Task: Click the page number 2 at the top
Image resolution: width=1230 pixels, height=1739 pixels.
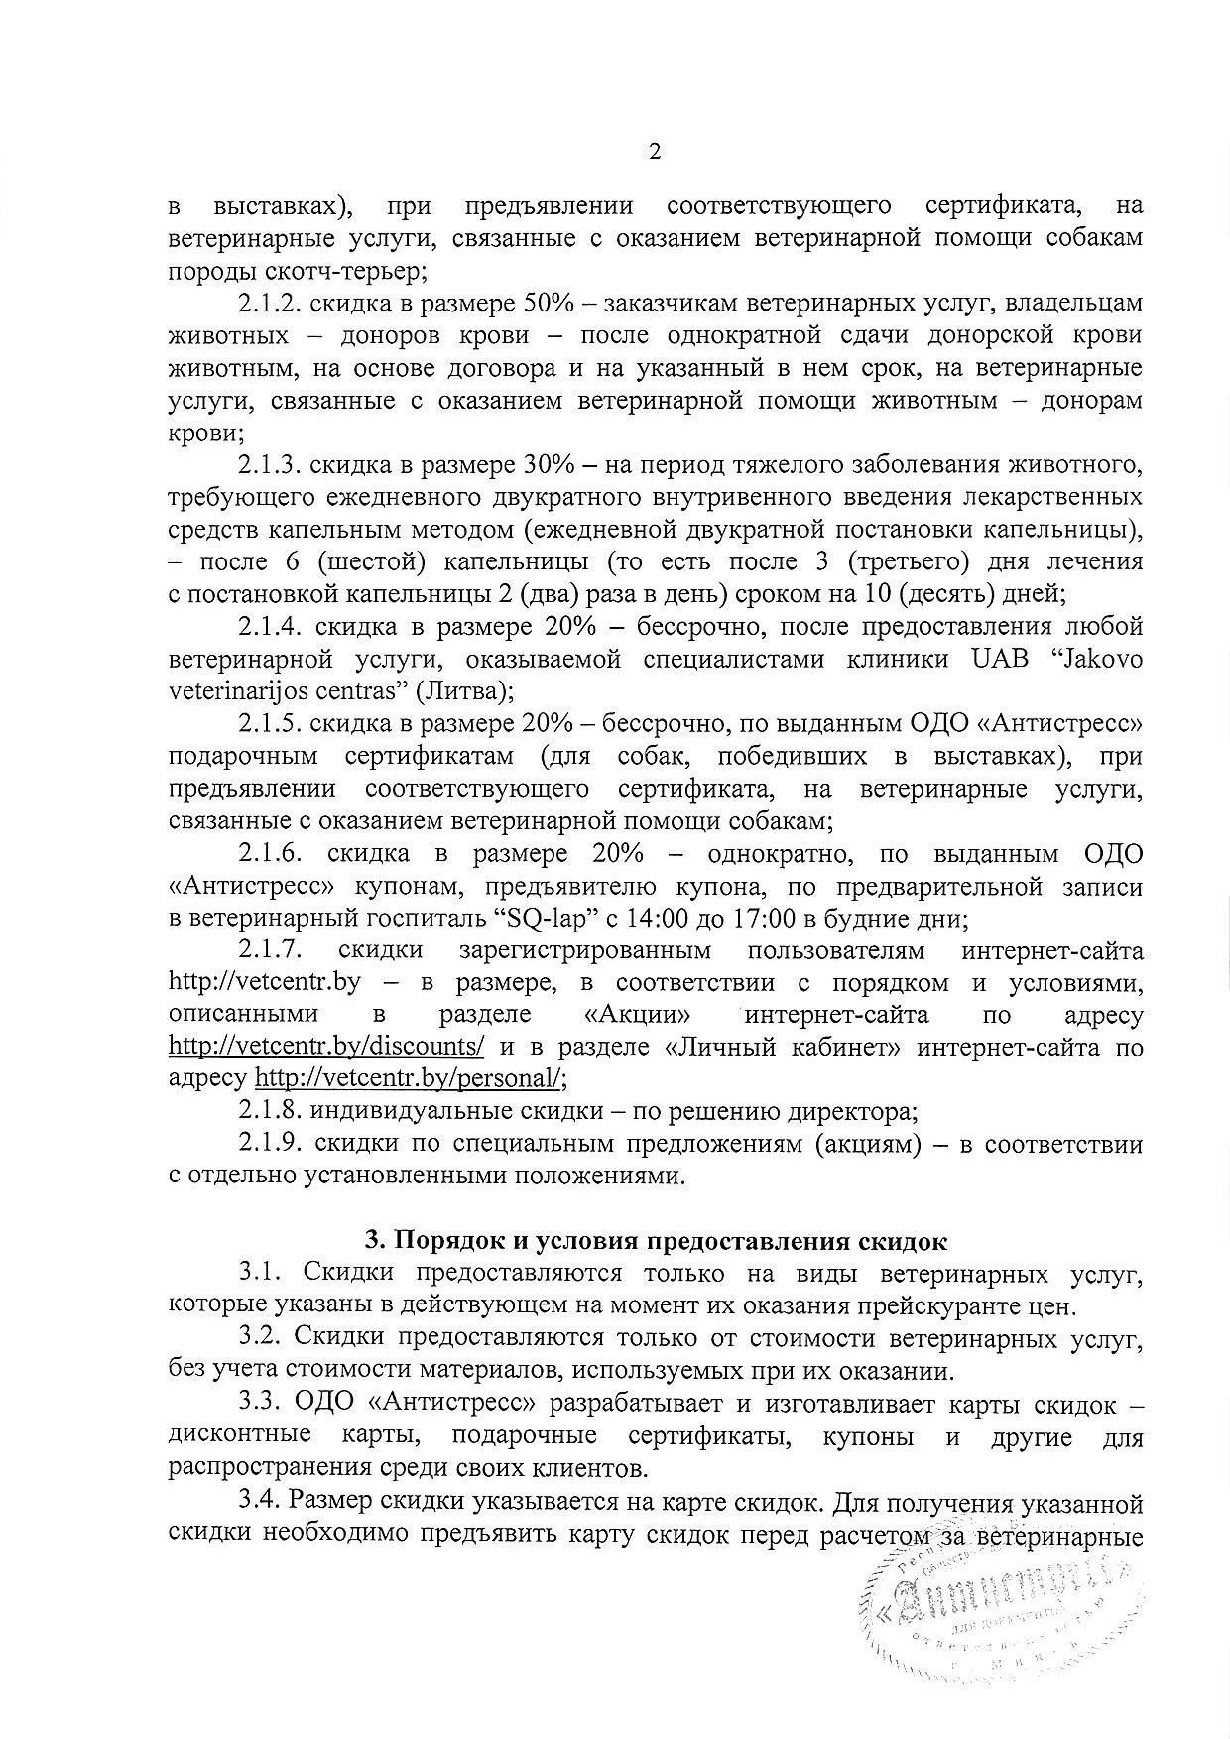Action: click(654, 152)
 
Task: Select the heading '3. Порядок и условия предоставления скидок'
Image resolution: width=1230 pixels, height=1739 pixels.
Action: click(656, 1241)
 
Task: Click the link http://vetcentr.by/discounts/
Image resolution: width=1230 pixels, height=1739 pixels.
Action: click(326, 1047)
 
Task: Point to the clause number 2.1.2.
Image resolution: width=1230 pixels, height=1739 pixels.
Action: click(269, 303)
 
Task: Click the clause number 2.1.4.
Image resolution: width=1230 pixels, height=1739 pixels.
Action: click(270, 627)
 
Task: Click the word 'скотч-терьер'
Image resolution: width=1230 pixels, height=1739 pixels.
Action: click(348, 270)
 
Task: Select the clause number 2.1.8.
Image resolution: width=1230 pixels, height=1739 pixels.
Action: click(270, 1111)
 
